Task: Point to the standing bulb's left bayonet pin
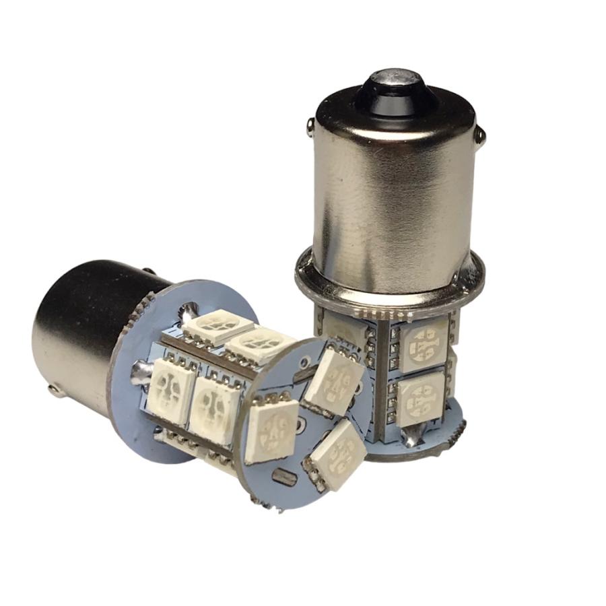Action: [x=309, y=124]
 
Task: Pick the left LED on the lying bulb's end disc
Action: [x=271, y=431]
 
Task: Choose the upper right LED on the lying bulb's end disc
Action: [x=335, y=382]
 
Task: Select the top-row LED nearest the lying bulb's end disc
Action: [x=259, y=343]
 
